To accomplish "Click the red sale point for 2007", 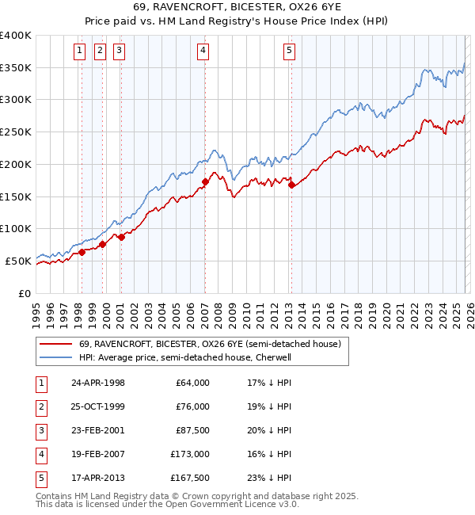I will coord(205,181).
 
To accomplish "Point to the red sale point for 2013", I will coord(291,185).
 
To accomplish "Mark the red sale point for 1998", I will coord(82,252).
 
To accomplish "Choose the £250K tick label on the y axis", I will coord(16,132).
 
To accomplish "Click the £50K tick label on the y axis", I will coord(18,261).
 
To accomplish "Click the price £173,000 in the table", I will coord(191,454).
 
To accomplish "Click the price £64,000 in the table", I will coord(193,383).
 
